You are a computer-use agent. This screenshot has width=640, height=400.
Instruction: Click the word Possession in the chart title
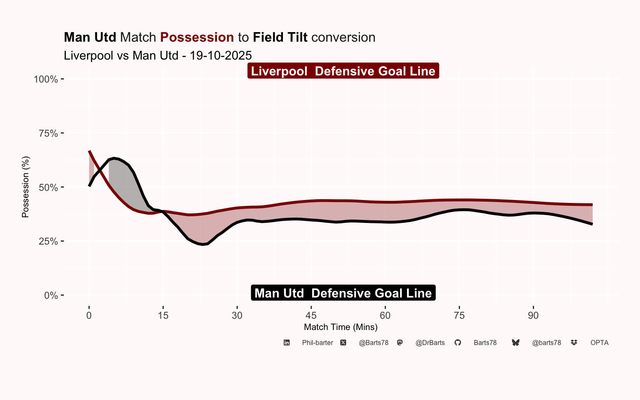point(197,37)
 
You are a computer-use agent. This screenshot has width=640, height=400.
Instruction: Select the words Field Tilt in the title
point(280,37)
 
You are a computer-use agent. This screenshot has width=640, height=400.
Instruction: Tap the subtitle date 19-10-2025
point(220,55)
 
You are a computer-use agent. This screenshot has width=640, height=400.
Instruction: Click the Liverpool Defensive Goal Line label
point(343,71)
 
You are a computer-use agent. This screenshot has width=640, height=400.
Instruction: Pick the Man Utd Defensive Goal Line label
point(343,293)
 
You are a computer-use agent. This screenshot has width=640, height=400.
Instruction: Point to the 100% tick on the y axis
point(46,79)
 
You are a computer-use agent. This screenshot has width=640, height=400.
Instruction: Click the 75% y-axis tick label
point(48,133)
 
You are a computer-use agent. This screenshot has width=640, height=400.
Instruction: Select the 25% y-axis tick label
point(48,241)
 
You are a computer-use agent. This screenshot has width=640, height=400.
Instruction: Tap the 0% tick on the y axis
point(51,295)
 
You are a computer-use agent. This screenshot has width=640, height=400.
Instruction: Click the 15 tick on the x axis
point(163,315)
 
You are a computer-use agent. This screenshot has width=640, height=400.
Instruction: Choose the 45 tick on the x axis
point(311,315)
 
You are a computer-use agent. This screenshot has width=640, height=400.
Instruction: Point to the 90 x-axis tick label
point(533,315)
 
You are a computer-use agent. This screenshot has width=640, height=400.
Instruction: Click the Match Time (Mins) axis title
point(340,327)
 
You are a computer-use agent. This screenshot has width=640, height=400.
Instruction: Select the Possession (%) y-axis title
point(25,187)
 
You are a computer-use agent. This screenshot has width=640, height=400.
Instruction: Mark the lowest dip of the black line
point(203,244)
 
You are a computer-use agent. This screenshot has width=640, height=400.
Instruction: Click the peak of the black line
point(114,158)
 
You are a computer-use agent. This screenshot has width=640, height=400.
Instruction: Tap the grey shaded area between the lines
point(123,179)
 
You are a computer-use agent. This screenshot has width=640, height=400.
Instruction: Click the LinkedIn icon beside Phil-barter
point(287,342)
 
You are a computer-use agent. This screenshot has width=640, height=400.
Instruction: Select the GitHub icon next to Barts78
point(457,342)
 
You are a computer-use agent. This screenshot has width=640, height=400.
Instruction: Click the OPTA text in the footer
point(599,342)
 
